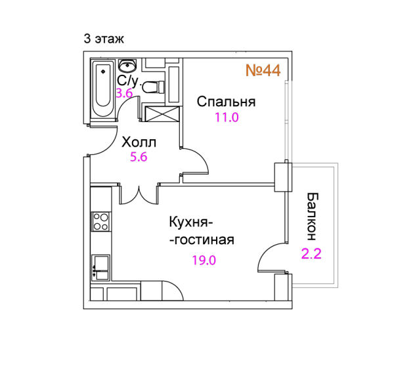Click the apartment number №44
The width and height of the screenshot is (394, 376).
tap(263, 70)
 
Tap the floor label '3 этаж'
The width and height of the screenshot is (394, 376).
tap(104, 39)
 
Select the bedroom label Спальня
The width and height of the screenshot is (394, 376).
tap(226, 102)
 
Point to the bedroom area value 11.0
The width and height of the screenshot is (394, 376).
tap(227, 117)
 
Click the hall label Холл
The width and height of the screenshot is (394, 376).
tap(139, 142)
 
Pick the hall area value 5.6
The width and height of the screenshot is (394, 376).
tap(139, 157)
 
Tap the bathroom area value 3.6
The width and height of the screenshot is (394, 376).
tap(124, 93)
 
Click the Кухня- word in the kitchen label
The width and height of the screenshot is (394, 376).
tap(191, 222)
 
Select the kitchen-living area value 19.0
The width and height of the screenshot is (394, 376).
tap(204, 261)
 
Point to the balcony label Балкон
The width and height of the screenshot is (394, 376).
tap(313, 217)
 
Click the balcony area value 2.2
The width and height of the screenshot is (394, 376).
tap(311, 254)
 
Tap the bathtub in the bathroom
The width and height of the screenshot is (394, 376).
tap(103, 89)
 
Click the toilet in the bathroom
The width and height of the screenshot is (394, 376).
tap(153, 87)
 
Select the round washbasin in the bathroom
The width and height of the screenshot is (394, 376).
tap(127, 66)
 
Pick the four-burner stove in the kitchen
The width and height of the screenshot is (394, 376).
tap(100, 222)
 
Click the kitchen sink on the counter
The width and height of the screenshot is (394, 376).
tap(100, 268)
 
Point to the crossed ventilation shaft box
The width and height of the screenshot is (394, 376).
tap(162, 114)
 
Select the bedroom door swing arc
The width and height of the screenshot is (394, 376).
tap(198, 157)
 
